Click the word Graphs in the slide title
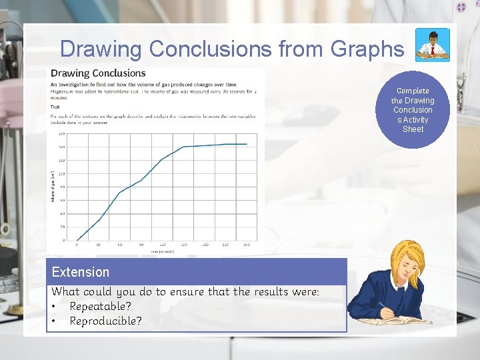tap(370, 49)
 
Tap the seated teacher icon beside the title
tap(432, 45)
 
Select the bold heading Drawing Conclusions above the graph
tap(99, 73)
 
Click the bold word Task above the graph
tap(55, 105)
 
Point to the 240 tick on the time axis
tap(246, 245)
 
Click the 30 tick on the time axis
tap(98, 245)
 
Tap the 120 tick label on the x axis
tap(162, 245)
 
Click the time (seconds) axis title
tap(162, 251)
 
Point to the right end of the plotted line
tap(247, 144)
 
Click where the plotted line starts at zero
tap(77, 240)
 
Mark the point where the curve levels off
tap(183, 147)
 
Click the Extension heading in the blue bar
tap(81, 272)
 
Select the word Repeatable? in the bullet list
tap(101, 306)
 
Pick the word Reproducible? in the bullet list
tap(106, 321)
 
